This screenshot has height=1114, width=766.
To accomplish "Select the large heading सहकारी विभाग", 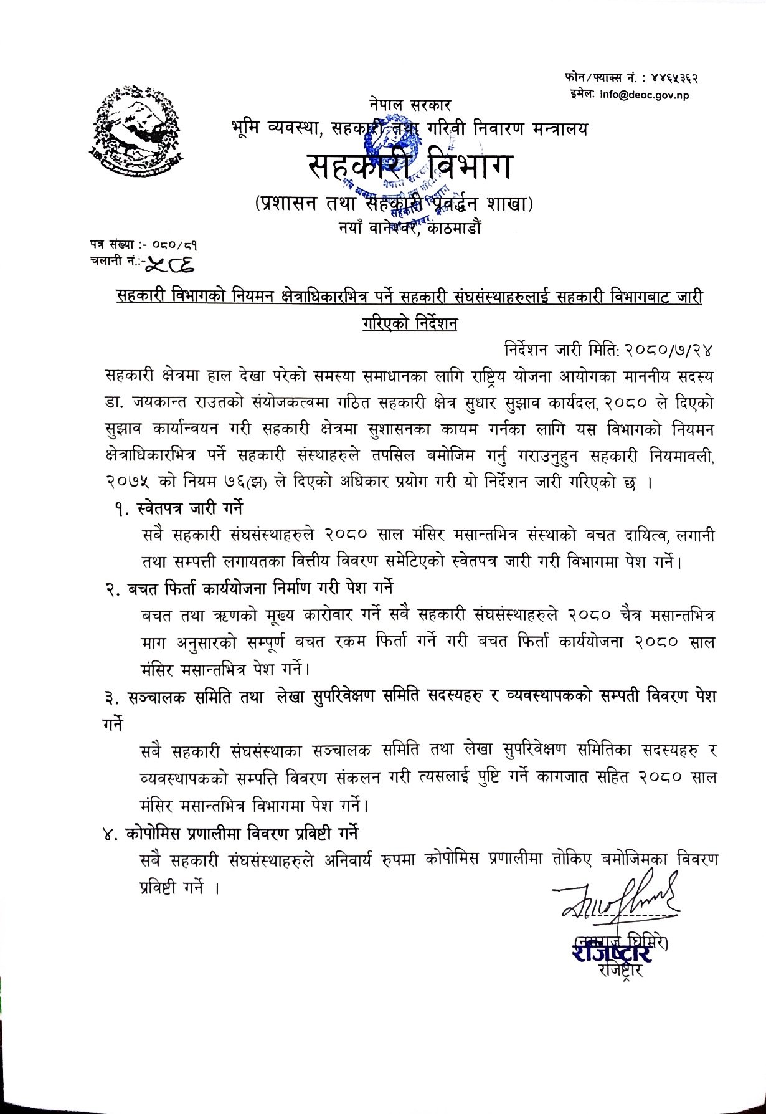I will coord(410,168).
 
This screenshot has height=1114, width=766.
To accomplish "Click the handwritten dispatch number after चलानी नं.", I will coord(169,265).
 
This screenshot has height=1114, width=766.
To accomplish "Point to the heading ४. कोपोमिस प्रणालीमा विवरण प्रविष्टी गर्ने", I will coord(232,834).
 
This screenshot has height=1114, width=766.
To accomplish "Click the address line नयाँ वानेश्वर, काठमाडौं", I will coord(407,228).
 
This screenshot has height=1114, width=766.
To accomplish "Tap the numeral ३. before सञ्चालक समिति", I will coord(113,697).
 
